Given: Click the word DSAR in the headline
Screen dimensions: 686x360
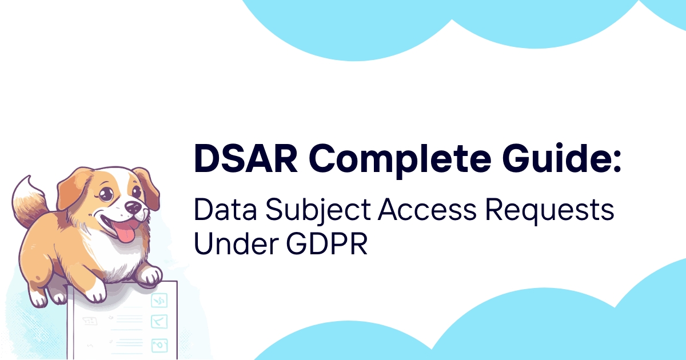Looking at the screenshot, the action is pos(246,159).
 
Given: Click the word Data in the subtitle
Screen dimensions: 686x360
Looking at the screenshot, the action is pos(225,210).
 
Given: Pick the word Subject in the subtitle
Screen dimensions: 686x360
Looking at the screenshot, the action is pos(318,212).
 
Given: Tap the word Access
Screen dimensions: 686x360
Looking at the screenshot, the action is pos(427,210).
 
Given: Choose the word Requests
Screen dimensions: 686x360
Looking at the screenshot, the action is pos(550,211).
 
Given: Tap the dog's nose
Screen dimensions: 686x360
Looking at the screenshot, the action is pos(133,207).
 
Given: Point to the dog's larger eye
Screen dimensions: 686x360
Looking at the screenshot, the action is pos(106,193).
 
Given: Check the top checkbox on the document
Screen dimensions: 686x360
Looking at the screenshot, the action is pos(159,301).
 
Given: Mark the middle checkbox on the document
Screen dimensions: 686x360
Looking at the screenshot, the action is pos(159,321).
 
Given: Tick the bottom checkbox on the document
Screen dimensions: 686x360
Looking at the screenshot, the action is pos(159,346).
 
